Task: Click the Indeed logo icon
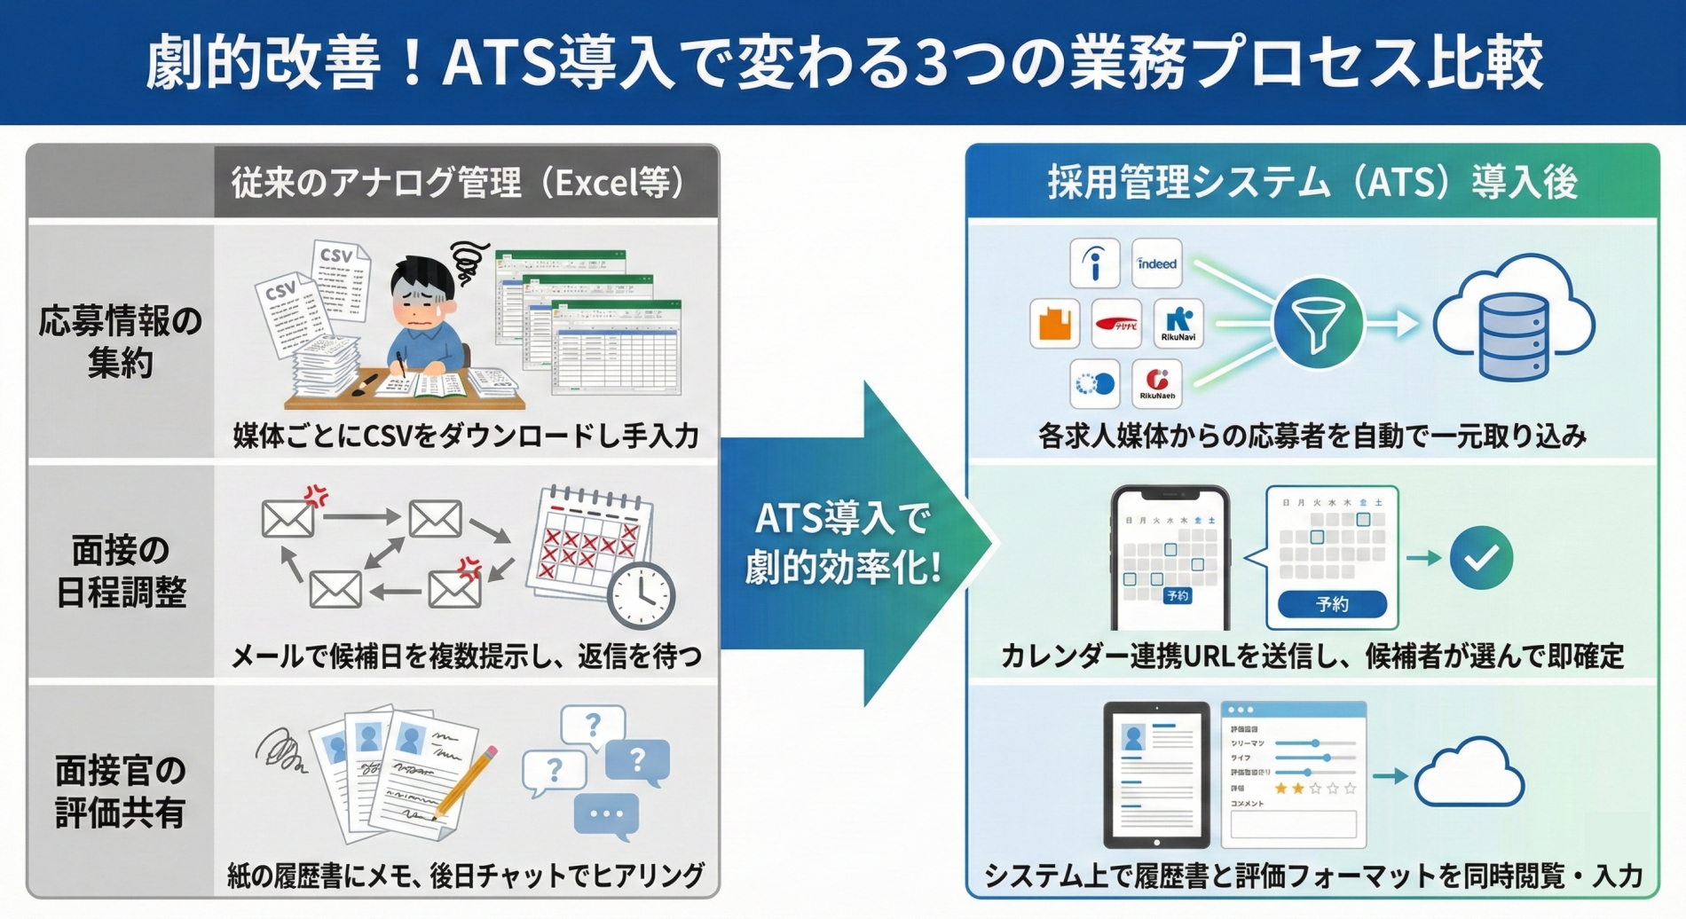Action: [x=1156, y=263]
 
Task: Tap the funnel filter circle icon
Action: [x=1318, y=324]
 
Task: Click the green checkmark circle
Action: [x=1481, y=558]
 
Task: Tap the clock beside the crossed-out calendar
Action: [x=641, y=596]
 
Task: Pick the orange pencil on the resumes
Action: [x=467, y=781]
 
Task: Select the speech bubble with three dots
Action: [x=606, y=814]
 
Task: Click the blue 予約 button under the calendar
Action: [x=1331, y=604]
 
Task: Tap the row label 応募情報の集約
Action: [x=121, y=342]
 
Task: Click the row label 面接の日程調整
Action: [x=121, y=571]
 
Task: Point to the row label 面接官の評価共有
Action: [x=121, y=791]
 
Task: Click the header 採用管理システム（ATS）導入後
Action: [x=1312, y=183]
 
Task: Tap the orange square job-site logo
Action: [x=1054, y=323]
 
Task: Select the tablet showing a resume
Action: [x=1156, y=774]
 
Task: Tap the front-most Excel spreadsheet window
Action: [x=616, y=348]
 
